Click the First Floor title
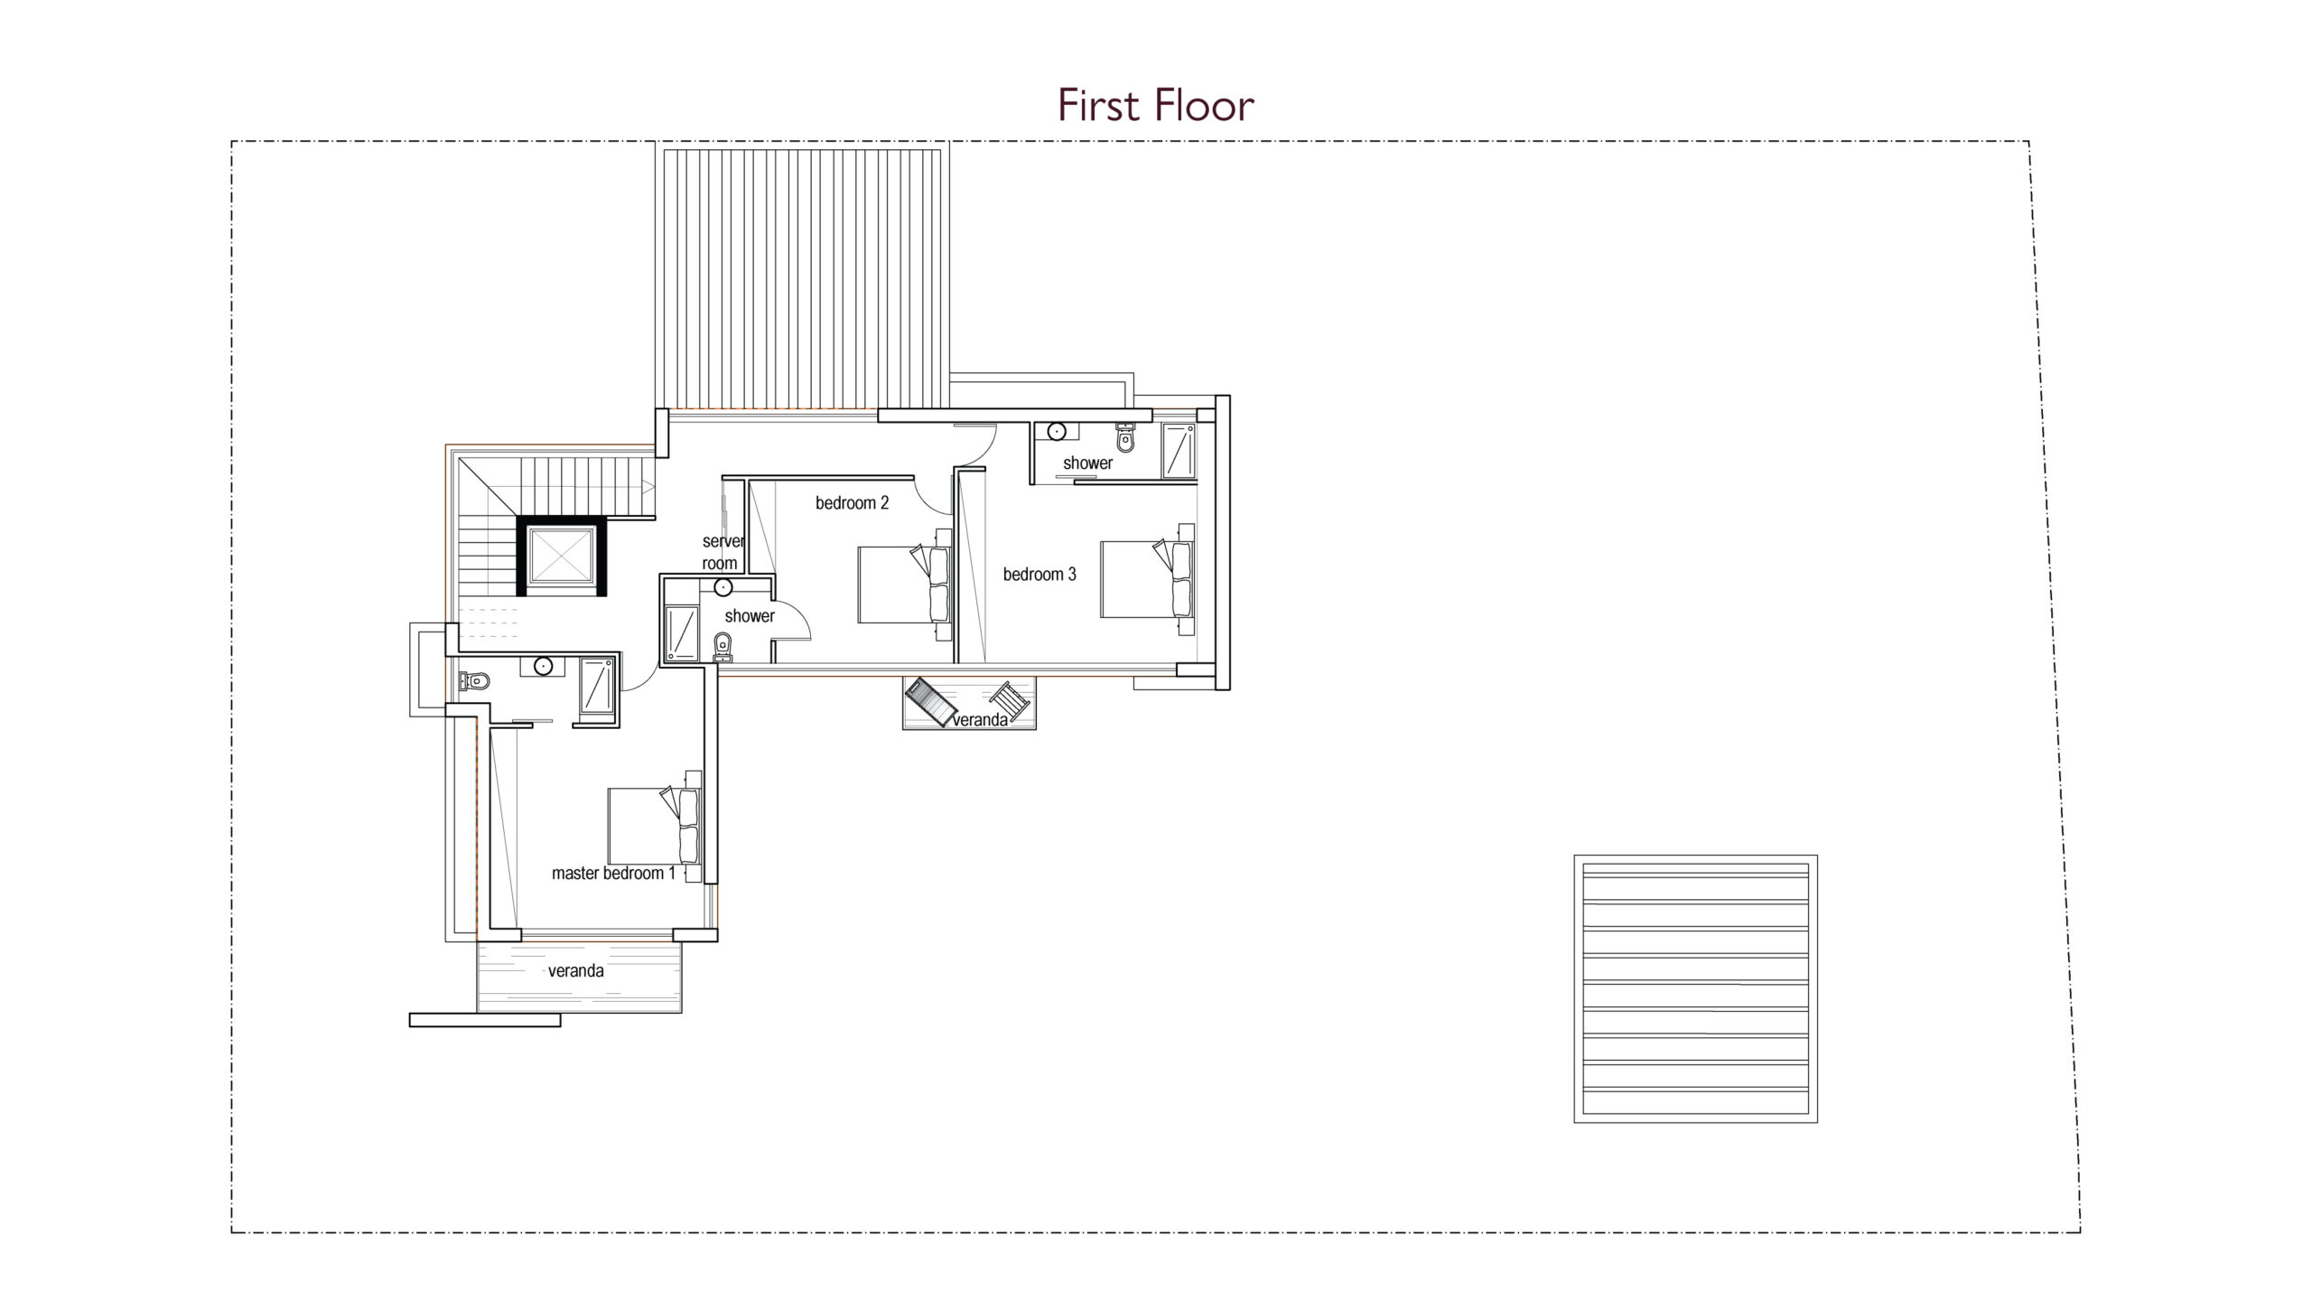coord(1156,106)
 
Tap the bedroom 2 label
coord(852,503)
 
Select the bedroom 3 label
coord(1039,575)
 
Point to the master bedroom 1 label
coord(613,874)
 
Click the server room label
coord(722,552)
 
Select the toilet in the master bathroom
coord(475,681)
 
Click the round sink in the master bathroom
coord(543,667)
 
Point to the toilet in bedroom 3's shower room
coord(1124,437)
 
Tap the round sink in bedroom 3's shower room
coord(1057,432)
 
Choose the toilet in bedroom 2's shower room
coord(722,647)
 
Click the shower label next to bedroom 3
coord(1087,463)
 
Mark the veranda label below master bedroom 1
coord(575,971)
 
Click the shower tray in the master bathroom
coord(596,688)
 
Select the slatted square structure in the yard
coord(1695,989)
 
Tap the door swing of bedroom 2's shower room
coord(794,620)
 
